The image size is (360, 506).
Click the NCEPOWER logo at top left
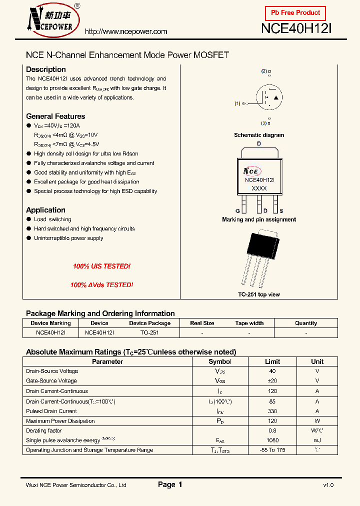click(x=51, y=20)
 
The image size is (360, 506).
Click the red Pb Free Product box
click(x=295, y=13)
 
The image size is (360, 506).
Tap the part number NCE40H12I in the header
click(x=296, y=29)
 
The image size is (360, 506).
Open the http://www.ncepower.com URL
click(x=126, y=31)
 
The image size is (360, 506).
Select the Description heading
click(x=45, y=69)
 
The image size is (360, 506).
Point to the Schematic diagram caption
click(x=258, y=135)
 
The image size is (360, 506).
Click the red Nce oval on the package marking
click(x=252, y=170)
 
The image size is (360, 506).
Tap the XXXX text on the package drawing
click(x=259, y=188)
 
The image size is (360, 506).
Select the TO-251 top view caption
click(x=258, y=294)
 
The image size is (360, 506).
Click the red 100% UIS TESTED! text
click(x=101, y=266)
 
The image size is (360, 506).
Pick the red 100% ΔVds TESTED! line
click(x=101, y=285)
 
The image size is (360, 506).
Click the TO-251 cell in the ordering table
click(x=149, y=332)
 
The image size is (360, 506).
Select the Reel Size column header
click(x=202, y=323)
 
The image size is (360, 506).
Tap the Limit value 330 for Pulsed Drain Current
click(x=272, y=411)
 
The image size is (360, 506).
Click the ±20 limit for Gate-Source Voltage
click(x=272, y=381)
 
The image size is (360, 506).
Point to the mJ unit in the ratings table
click(x=317, y=440)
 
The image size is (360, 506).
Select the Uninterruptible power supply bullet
click(x=68, y=238)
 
